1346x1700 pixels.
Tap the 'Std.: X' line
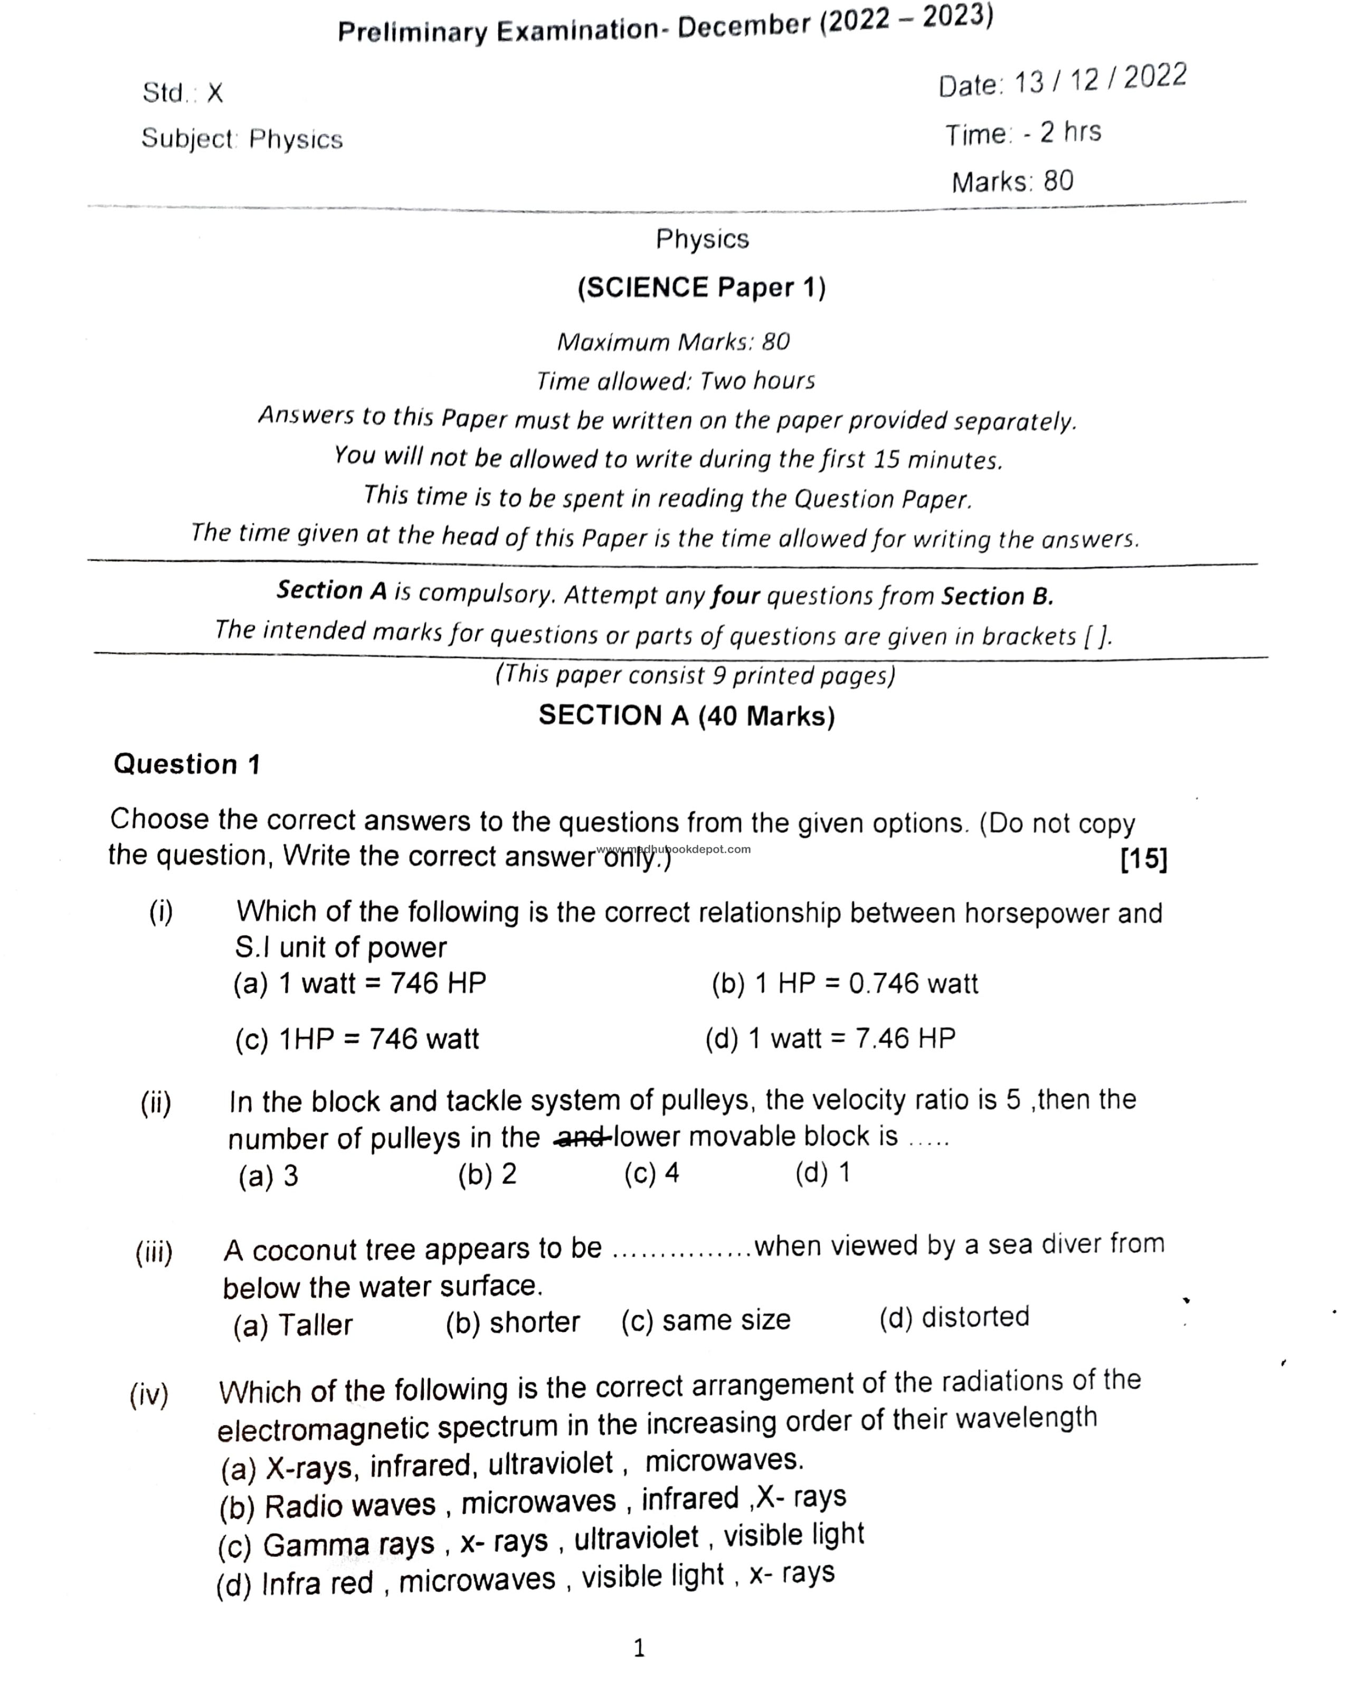pyautogui.click(x=183, y=93)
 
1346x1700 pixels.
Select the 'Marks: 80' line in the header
pyautogui.click(x=1012, y=181)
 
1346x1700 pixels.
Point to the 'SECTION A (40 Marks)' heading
pyautogui.click(x=686, y=715)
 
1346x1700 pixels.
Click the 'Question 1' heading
pyautogui.click(x=187, y=764)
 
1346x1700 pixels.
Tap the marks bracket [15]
pyautogui.click(x=1143, y=858)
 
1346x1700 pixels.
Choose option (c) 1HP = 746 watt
pyautogui.click(x=356, y=1039)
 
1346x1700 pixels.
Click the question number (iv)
pyautogui.click(x=149, y=1394)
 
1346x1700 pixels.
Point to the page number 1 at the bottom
pyautogui.click(x=639, y=1648)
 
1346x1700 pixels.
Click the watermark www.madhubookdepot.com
pyautogui.click(x=674, y=849)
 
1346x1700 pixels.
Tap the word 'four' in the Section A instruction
pyautogui.click(x=734, y=596)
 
